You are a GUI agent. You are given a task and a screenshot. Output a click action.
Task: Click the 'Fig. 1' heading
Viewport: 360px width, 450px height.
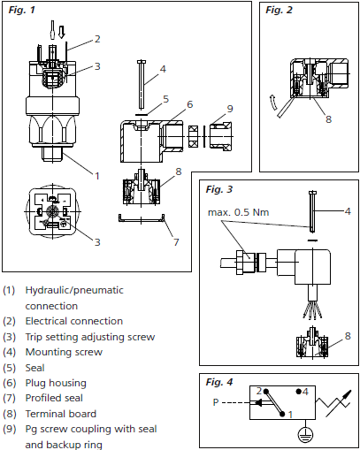coord(21,10)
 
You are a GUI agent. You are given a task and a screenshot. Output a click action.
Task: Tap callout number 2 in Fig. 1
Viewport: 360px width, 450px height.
coord(97,39)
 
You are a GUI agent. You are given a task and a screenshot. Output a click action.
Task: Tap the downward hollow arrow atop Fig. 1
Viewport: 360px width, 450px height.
coord(59,31)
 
